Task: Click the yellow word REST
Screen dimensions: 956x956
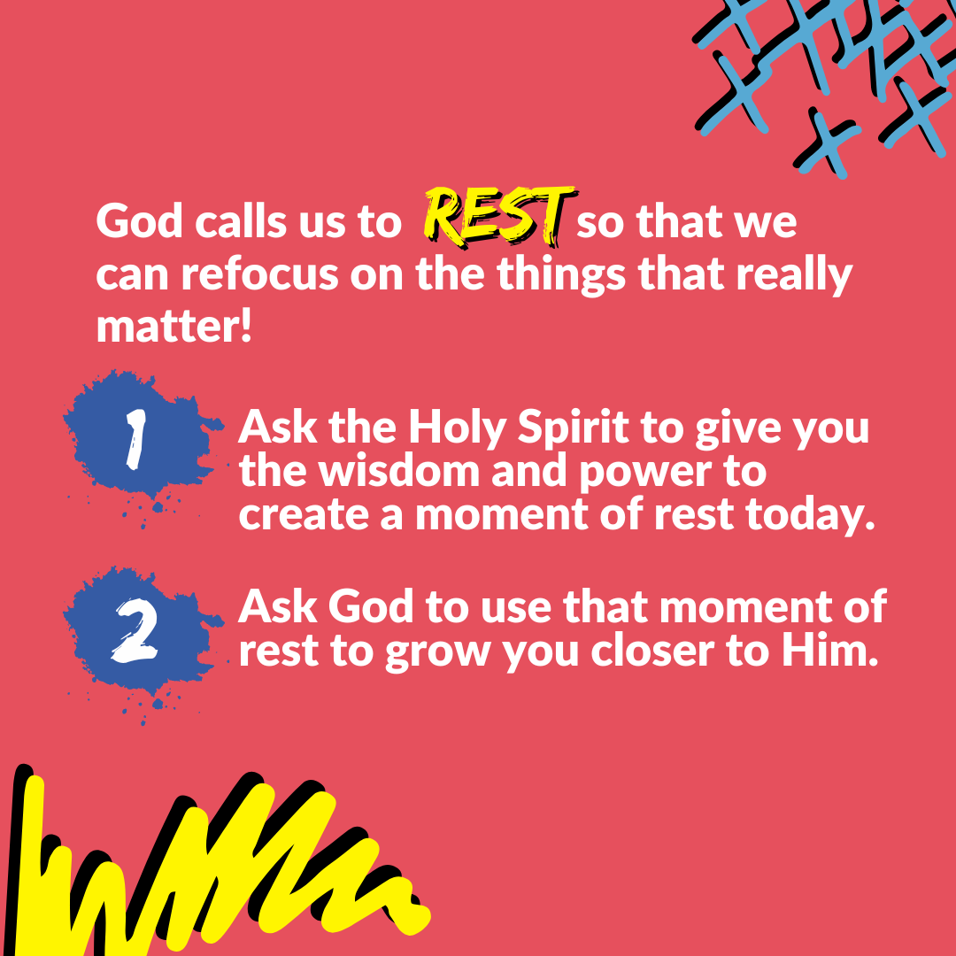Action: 500,218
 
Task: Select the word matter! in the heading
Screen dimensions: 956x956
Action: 174,328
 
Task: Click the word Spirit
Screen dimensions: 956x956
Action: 574,428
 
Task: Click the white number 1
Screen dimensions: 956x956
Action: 136,438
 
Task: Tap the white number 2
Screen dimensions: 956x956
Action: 135,631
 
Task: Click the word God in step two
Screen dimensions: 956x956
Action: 369,608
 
